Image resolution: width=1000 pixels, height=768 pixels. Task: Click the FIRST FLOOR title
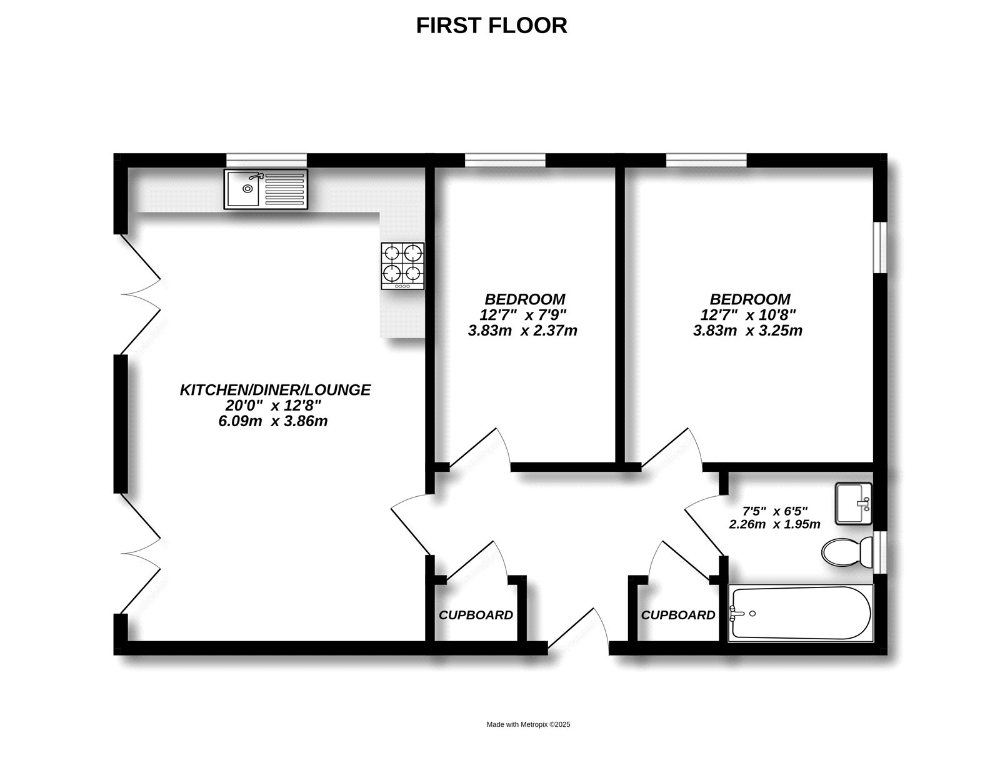491,26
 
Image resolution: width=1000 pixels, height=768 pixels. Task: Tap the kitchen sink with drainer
266,189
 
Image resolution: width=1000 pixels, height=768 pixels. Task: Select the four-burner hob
402,266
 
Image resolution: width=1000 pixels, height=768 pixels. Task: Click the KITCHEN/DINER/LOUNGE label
275,390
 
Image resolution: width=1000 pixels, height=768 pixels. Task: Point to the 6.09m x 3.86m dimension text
272,421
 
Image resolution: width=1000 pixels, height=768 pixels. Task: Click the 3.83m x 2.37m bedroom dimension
522,331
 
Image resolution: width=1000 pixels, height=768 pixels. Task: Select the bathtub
800,613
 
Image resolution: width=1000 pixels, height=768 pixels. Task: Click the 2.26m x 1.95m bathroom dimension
774,524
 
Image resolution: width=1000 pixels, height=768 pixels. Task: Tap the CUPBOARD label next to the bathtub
678,615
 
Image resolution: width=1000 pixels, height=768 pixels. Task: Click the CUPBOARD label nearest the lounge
476,615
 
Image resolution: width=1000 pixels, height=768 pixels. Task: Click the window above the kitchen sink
266,160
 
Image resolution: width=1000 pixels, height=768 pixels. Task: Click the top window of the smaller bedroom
504,160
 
